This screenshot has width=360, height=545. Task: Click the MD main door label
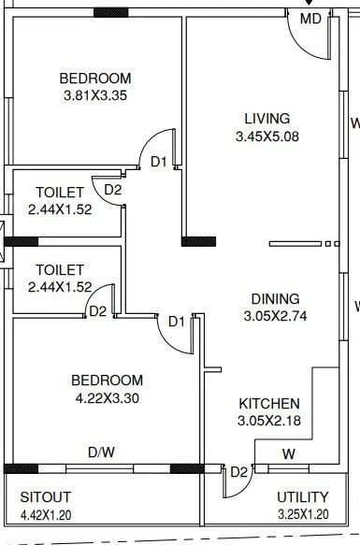click(310, 20)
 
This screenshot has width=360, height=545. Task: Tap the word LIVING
click(267, 119)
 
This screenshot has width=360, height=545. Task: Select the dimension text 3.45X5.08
click(267, 136)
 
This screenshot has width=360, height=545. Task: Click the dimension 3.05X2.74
click(275, 316)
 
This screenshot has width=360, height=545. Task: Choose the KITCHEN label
click(269, 403)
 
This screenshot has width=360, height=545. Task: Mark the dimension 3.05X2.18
click(269, 421)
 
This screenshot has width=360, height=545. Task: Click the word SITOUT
click(46, 496)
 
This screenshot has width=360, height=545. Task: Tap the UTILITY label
click(303, 496)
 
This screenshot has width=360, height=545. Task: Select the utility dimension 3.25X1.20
click(303, 515)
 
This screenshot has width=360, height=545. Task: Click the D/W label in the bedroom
click(101, 452)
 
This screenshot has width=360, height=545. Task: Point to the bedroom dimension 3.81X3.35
click(94, 96)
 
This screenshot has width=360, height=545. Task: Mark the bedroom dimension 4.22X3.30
click(108, 397)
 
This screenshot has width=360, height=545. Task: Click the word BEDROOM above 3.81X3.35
click(94, 79)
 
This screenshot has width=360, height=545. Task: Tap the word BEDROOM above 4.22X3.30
click(108, 380)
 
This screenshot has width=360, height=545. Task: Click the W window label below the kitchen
click(289, 455)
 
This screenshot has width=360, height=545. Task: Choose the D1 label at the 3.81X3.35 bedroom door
click(159, 162)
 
